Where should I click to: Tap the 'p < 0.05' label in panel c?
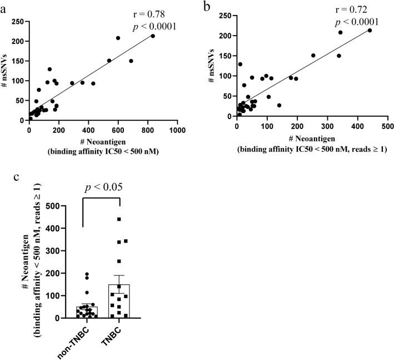coord(101,189)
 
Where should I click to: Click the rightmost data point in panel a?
coord(153,36)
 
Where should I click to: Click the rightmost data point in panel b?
coord(370,31)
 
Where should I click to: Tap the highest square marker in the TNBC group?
coord(119,219)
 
